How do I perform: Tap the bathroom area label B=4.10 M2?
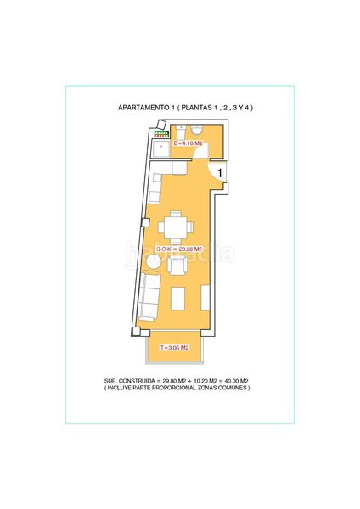pyautogui.click(x=188, y=143)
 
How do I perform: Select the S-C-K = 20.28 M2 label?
pyautogui.click(x=180, y=249)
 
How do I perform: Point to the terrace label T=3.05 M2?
pyautogui.click(x=174, y=348)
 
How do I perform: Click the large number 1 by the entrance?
pyautogui.click(x=220, y=173)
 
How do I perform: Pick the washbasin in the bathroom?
pyautogui.click(x=181, y=132)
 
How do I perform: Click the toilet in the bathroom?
pyautogui.click(x=197, y=129)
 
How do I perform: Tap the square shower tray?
pyautogui.click(x=161, y=148)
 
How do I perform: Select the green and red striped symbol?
pyautogui.click(x=160, y=134)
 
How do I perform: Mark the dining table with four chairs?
pyautogui.click(x=176, y=227)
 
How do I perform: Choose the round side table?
pyautogui.click(x=152, y=261)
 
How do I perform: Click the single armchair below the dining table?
pyautogui.click(x=177, y=266)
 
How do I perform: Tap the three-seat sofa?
pyautogui.click(x=149, y=296)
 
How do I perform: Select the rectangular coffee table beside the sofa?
pyautogui.click(x=177, y=299)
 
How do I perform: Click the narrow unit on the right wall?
pyautogui.click(x=205, y=298)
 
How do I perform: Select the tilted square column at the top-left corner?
pyautogui.click(x=161, y=125)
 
